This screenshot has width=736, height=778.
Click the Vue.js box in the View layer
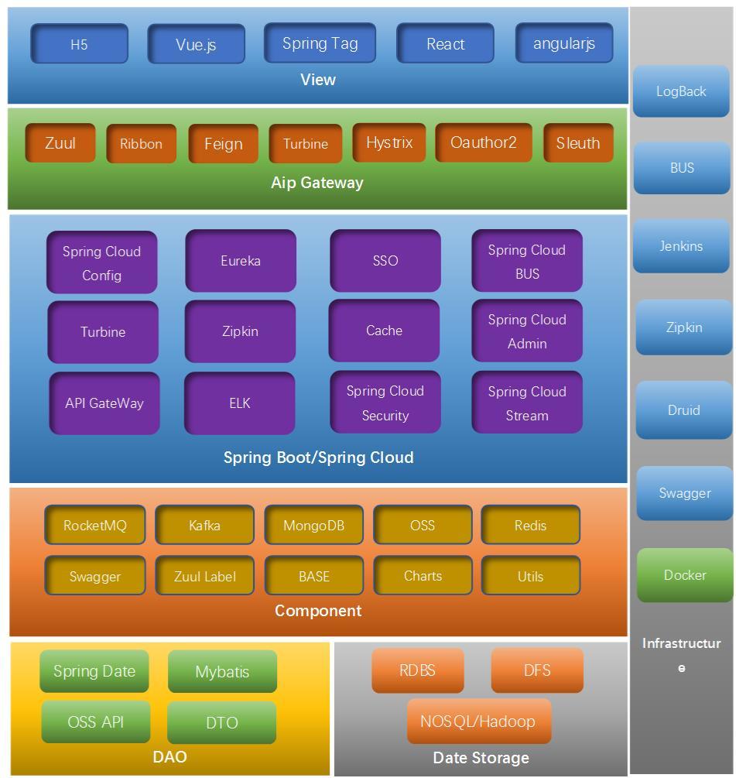click(x=196, y=44)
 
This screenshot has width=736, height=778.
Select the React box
click(x=445, y=43)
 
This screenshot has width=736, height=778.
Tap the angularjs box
click(x=564, y=43)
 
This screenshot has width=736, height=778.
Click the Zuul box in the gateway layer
click(x=60, y=143)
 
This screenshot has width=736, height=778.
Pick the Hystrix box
click(x=389, y=143)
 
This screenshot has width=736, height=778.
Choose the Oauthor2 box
click(x=484, y=143)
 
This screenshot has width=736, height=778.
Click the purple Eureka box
click(x=241, y=261)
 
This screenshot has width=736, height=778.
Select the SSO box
click(x=385, y=261)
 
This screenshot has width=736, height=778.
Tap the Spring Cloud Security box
click(x=385, y=403)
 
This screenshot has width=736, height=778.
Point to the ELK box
click(x=240, y=403)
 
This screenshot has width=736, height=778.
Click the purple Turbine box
click(x=103, y=332)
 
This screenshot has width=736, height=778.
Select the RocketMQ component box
click(x=95, y=526)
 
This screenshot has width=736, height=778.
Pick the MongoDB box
click(x=313, y=526)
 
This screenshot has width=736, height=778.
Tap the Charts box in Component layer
click(x=423, y=576)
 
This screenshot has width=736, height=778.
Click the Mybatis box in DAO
click(x=222, y=671)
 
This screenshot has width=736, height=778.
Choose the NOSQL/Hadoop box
click(x=478, y=721)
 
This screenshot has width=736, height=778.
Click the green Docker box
click(x=685, y=575)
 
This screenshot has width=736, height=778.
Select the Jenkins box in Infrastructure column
click(x=681, y=246)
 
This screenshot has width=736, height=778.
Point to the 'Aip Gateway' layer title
click(x=317, y=183)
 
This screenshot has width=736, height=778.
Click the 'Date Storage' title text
click(x=481, y=758)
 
